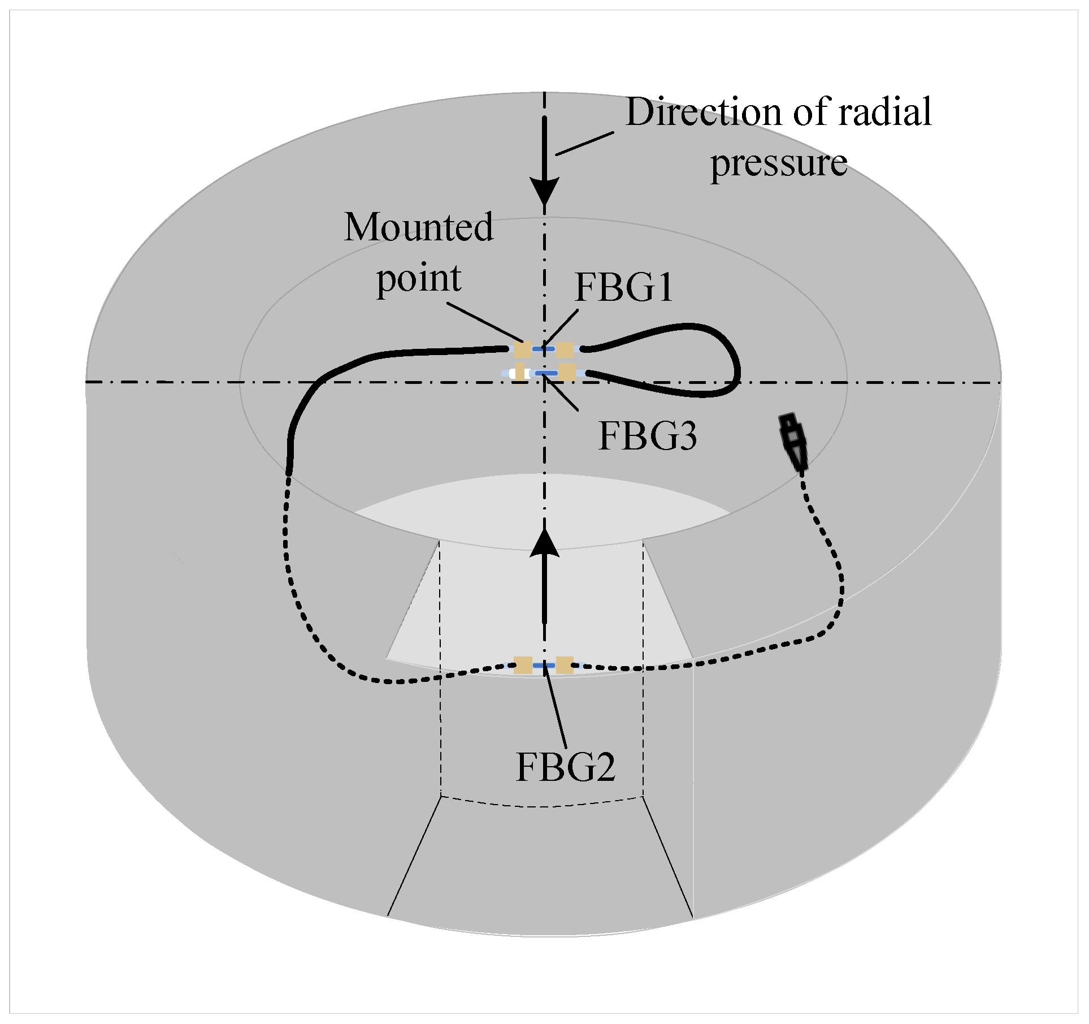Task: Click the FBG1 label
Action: point(623,288)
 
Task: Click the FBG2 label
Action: point(565,767)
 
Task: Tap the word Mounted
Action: point(419,227)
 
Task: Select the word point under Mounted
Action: point(419,278)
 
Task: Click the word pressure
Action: point(778,163)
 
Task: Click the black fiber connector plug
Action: point(793,442)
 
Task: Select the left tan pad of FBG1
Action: point(522,350)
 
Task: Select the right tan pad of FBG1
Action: point(565,350)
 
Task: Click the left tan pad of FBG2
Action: point(523,665)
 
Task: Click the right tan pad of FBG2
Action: point(565,665)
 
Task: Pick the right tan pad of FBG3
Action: point(566,373)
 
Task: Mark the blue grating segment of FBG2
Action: point(544,666)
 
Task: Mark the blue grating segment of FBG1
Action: point(543,349)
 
